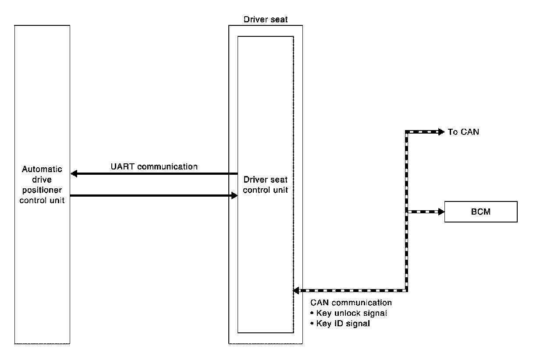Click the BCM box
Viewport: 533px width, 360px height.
point(481,212)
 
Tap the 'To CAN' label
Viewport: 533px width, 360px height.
point(463,132)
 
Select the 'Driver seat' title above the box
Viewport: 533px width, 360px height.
point(266,20)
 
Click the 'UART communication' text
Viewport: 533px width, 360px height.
point(153,166)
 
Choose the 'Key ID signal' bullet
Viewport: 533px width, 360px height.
point(343,324)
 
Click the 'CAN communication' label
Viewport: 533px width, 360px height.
point(351,303)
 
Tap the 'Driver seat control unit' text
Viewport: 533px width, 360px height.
point(266,185)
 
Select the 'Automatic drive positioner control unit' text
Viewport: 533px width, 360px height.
point(42,185)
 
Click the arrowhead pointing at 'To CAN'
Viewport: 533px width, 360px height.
point(441,132)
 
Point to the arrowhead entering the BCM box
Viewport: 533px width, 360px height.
point(441,212)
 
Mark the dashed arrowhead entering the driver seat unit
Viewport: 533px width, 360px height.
point(297,290)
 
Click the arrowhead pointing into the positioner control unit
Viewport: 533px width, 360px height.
point(75,174)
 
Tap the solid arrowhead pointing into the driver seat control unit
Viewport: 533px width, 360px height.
point(234,195)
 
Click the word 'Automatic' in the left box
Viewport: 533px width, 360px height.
point(42,169)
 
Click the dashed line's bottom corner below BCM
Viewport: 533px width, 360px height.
point(407,290)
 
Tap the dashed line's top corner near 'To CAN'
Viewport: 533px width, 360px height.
point(407,132)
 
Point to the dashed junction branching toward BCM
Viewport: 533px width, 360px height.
point(407,212)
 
